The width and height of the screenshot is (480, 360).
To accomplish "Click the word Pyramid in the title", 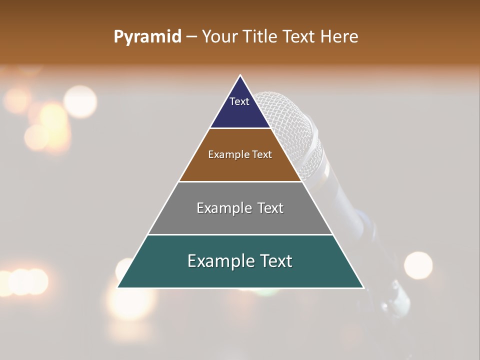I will (147, 37).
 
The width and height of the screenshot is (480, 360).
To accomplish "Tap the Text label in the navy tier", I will (239, 101).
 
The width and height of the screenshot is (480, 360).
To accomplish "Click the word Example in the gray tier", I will (222, 208).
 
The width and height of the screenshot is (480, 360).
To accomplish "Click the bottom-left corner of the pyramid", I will (118, 287).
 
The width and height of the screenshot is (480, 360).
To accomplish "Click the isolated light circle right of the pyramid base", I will (418, 265).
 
